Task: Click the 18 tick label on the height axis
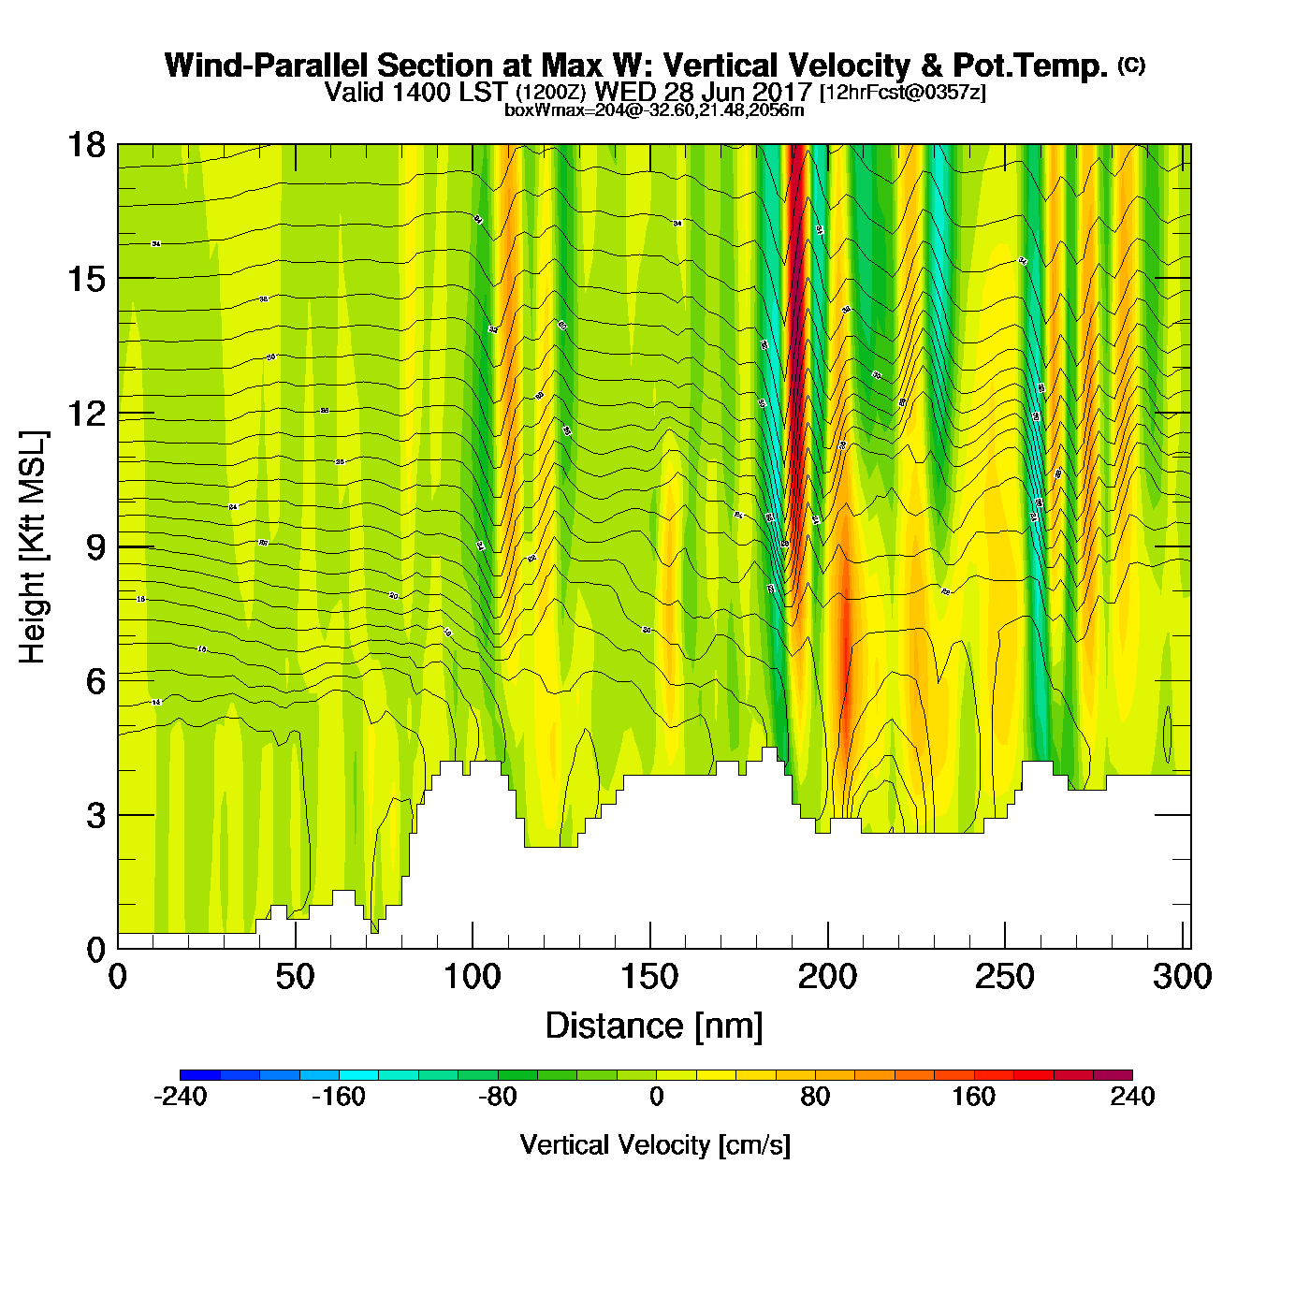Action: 84,145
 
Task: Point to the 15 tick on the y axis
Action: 84,279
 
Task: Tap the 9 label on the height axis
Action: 95,547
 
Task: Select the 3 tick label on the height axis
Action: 95,816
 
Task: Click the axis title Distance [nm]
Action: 654,1026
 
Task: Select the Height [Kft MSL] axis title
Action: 33,547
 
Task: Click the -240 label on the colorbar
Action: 180,1097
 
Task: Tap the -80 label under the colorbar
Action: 497,1097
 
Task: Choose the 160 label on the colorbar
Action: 974,1097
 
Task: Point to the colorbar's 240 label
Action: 1132,1097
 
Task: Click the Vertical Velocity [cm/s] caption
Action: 655,1145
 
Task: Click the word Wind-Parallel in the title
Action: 267,65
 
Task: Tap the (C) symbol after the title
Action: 1131,65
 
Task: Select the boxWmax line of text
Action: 654,110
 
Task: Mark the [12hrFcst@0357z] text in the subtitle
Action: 902,93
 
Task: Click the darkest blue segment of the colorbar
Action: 199,1075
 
